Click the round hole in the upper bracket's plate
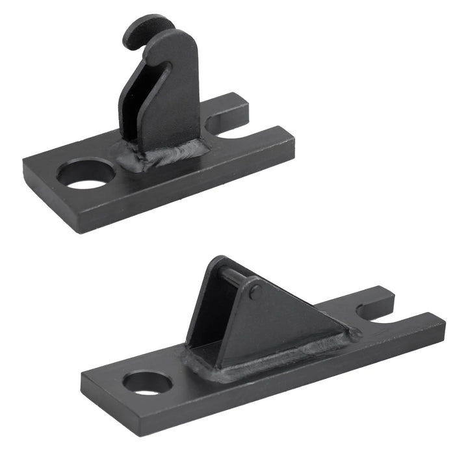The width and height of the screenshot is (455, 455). (x=86, y=174)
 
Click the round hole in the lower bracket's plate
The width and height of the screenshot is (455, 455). (x=148, y=382)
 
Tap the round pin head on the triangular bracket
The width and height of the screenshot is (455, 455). (x=255, y=292)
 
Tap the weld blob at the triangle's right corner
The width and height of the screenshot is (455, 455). (x=352, y=335)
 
